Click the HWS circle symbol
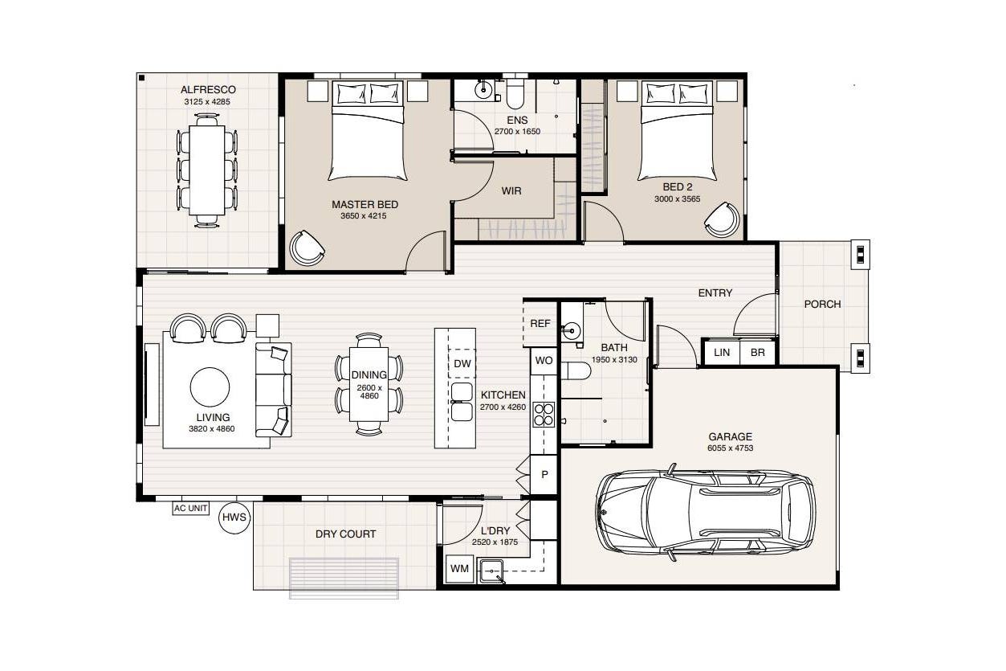234,518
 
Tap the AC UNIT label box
191,509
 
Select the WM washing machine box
459,569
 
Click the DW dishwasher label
462,363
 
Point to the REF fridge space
540,323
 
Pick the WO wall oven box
544,361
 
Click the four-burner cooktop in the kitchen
544,415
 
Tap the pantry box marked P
544,474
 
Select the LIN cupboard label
722,352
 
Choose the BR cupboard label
758,352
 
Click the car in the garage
706,513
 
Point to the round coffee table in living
210,387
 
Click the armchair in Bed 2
722,219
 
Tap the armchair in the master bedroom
307,248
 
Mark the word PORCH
822,305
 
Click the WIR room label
511,191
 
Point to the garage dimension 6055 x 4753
731,448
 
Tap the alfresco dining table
206,170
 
